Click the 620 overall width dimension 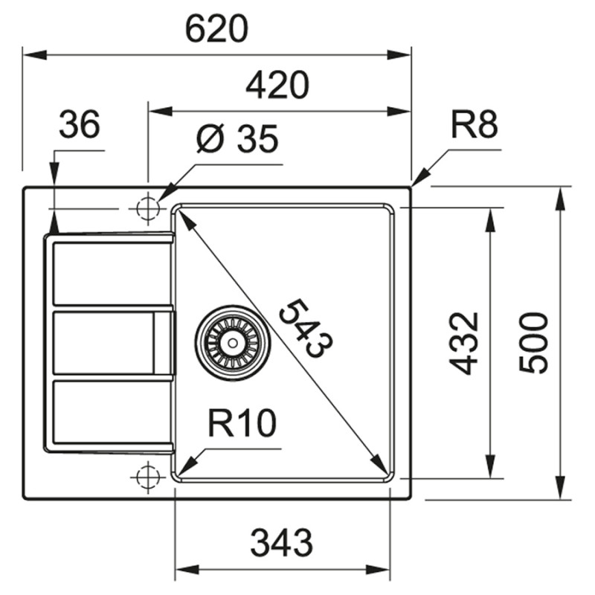coord(216,30)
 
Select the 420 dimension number coord(277,87)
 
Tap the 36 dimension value coord(79,125)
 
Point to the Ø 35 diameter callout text coord(237,139)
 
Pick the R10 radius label coord(242,424)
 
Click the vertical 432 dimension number coord(466,343)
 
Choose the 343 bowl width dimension coord(280,544)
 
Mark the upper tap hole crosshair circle coord(148,208)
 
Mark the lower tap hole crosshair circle coord(148,475)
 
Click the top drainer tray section coord(112,272)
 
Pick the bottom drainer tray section coord(112,414)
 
